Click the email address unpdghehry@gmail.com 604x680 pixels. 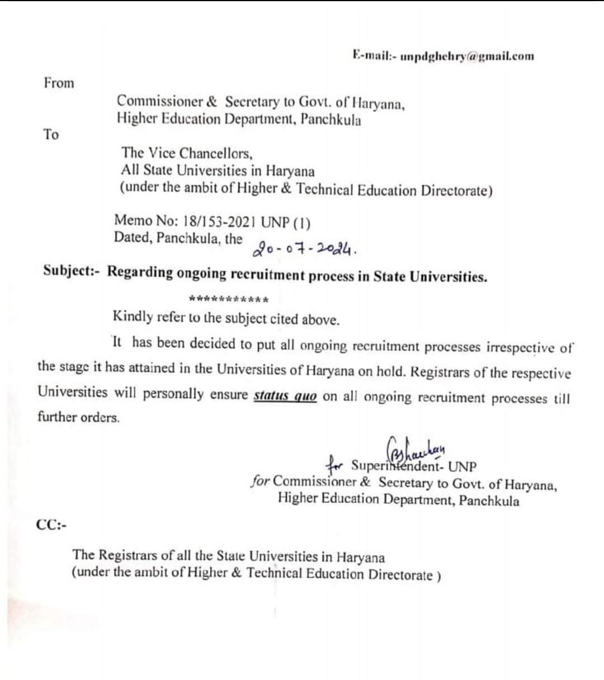467,56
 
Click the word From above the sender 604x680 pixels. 59,83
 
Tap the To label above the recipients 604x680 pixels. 51,135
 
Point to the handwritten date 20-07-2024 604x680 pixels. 305,247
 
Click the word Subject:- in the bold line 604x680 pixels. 71,271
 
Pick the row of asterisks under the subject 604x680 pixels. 229,299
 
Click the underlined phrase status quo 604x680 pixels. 285,396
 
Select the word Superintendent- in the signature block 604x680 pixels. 397,466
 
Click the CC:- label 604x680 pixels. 51,525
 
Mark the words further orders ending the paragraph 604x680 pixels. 78,417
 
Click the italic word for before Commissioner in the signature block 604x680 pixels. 261,481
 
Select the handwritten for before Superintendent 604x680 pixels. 336,465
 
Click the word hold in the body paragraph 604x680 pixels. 390,371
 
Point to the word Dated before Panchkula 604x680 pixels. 133,238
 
